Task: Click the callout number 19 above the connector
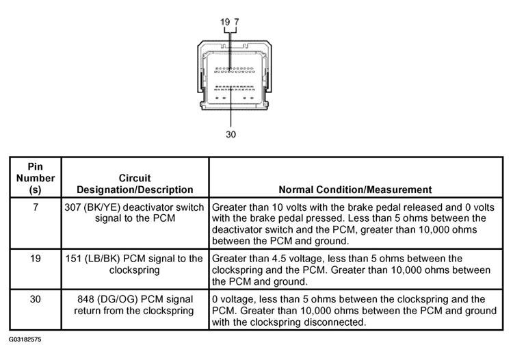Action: click(x=225, y=23)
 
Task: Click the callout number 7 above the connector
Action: click(x=236, y=23)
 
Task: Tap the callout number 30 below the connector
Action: click(x=231, y=135)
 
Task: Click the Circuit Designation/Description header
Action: click(x=134, y=183)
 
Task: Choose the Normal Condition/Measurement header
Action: click(x=355, y=190)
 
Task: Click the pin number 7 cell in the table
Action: click(x=35, y=207)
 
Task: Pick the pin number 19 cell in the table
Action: click(x=35, y=259)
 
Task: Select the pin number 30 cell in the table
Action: click(x=35, y=300)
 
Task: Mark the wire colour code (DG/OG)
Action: click(x=122, y=300)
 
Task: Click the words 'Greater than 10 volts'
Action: click(x=255, y=207)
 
